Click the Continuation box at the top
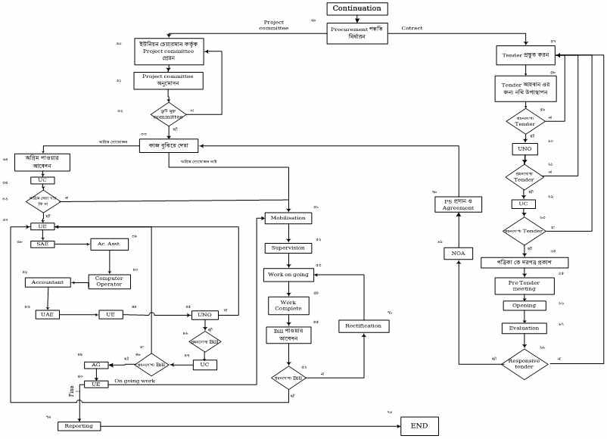(359, 9)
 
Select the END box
(419, 426)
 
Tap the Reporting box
(79, 426)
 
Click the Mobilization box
(288, 218)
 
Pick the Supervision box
(288, 248)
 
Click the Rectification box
(363, 326)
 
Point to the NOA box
(458, 253)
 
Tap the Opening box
(518, 306)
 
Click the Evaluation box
(518, 328)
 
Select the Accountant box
(49, 282)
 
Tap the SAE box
(42, 244)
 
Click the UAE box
(46, 314)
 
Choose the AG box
(96, 365)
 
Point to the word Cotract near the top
(412, 28)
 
